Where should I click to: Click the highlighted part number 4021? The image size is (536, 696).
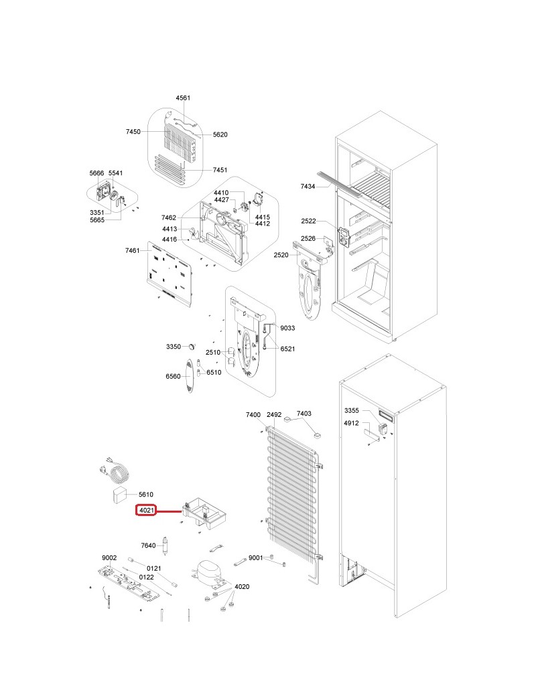[147, 511]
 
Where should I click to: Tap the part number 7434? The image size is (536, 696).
[308, 187]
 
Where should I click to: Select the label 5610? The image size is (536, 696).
[146, 494]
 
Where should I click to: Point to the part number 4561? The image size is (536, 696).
[183, 98]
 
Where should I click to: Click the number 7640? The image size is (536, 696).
[149, 545]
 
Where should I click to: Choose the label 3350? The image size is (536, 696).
[174, 347]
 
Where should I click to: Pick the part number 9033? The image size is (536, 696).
[287, 328]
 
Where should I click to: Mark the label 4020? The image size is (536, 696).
[242, 587]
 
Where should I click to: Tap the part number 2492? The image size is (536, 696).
[274, 414]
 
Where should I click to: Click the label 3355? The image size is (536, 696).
[352, 411]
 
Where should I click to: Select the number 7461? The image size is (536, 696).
[133, 251]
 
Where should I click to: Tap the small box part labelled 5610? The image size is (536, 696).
[118, 494]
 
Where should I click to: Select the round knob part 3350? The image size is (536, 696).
[192, 345]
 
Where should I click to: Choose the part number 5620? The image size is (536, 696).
[220, 135]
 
